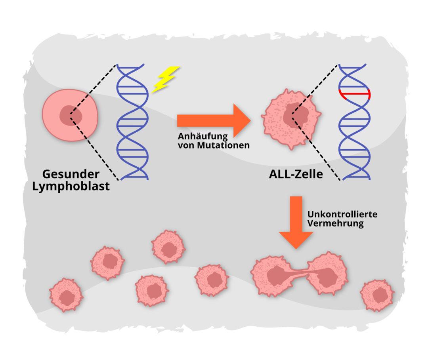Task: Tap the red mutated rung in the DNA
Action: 354,94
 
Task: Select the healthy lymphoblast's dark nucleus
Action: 71,115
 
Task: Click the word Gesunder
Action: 71,174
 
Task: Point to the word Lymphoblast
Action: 71,186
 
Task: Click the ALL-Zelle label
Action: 296,174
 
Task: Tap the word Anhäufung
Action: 203,136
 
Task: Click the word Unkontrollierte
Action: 342,214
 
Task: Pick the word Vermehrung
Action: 335,223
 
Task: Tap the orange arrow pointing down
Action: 296,222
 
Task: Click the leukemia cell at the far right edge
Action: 377,295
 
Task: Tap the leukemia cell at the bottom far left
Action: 66,295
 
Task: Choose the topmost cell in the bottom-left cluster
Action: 168,246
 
